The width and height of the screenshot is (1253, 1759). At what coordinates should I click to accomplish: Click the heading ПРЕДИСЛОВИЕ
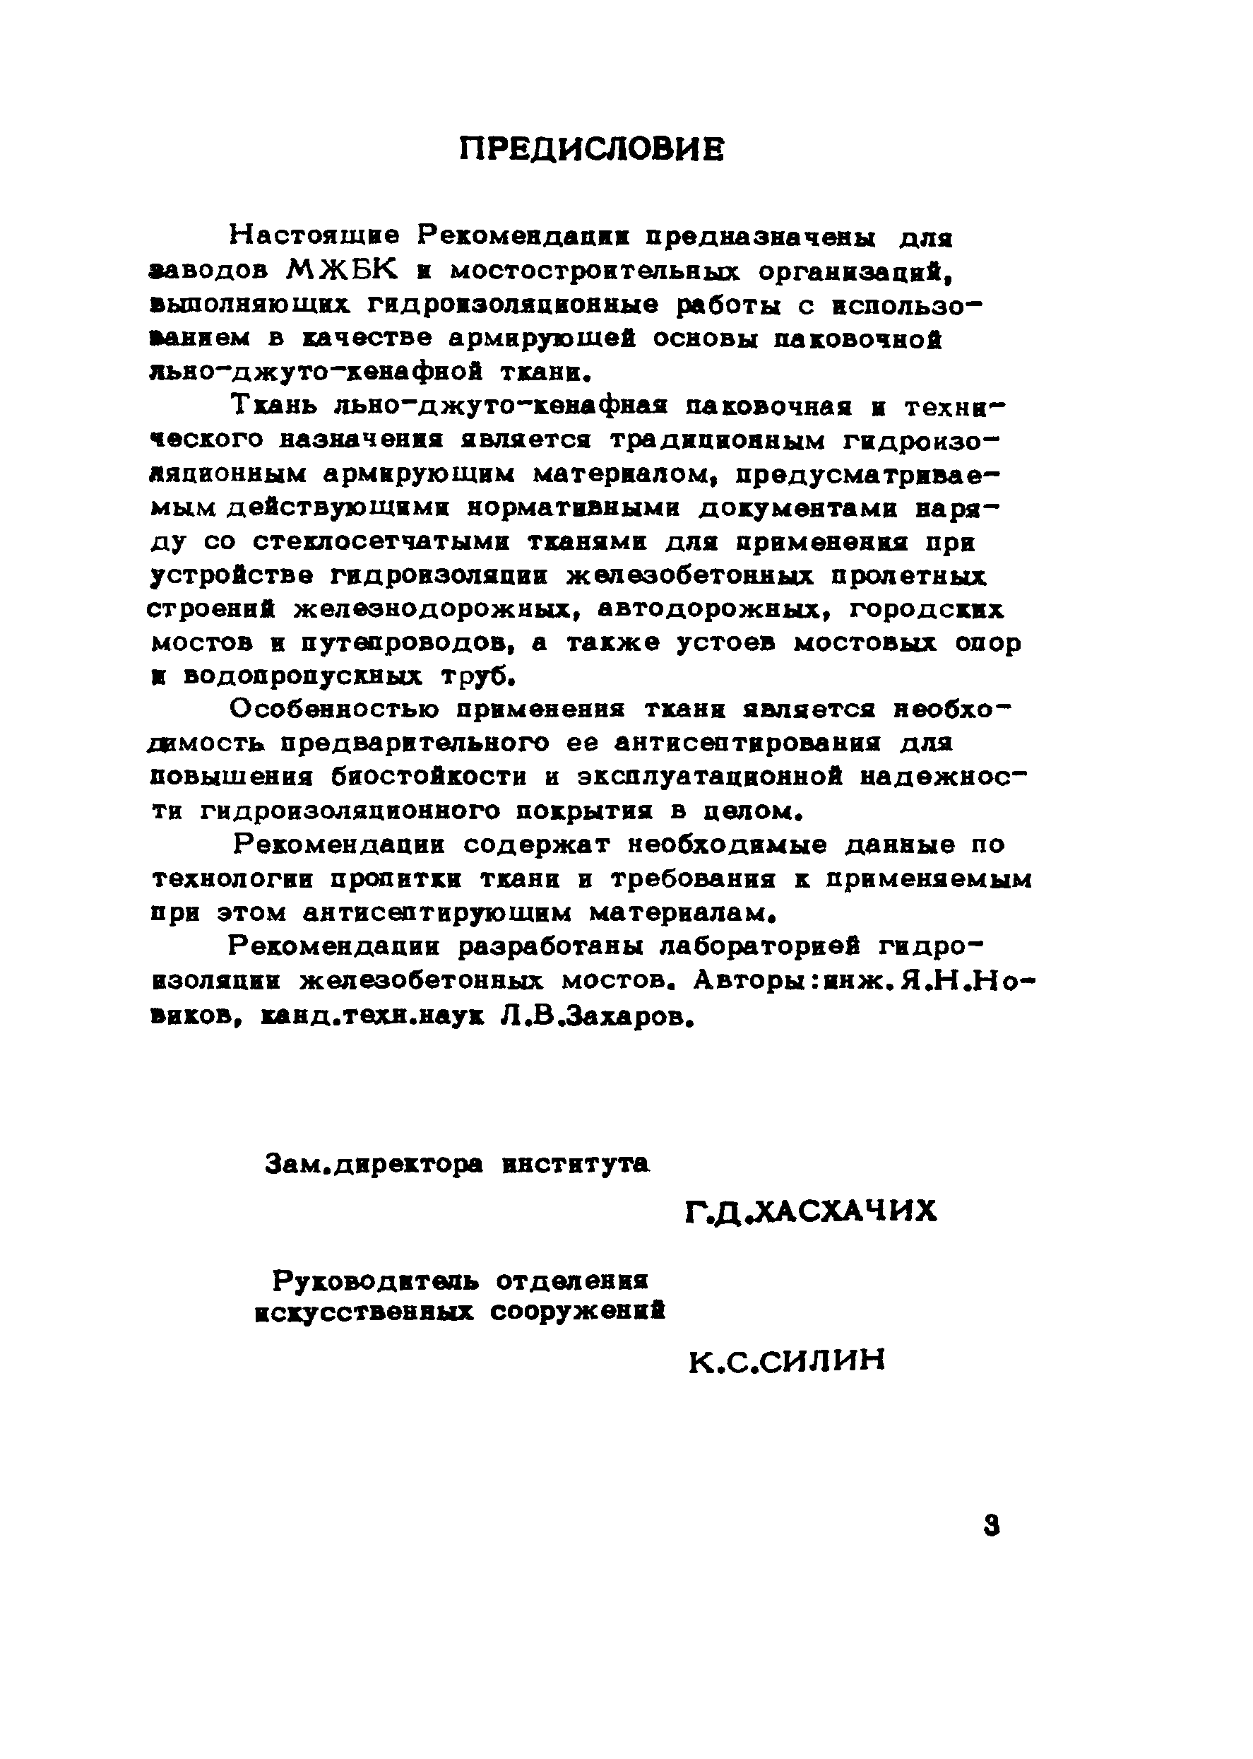coord(592,149)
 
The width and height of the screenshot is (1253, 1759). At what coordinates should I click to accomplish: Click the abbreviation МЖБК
coord(342,269)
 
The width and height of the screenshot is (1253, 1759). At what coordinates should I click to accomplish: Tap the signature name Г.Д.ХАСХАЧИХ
coord(811,1211)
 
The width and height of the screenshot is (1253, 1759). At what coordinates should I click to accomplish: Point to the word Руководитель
coord(375,1281)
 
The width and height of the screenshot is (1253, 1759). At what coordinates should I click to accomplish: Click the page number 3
coord(992,1526)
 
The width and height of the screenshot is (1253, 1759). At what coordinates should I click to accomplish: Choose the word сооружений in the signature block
coord(578,1313)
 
